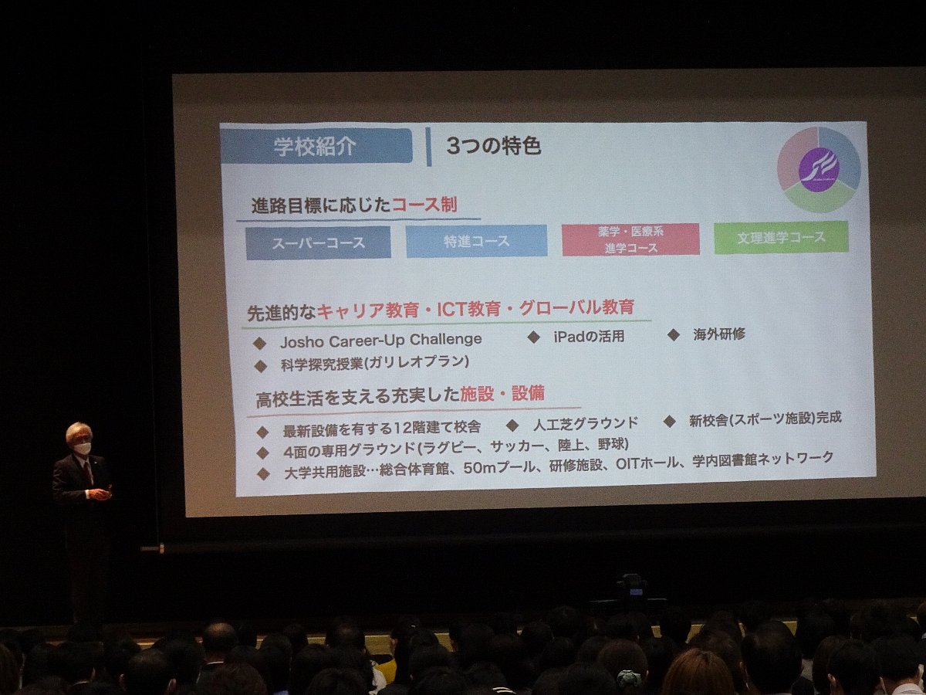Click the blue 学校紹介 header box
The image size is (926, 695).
tap(316, 146)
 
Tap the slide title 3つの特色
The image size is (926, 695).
tap(493, 146)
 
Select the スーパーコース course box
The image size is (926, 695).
tap(318, 242)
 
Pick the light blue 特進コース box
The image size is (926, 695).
tap(476, 241)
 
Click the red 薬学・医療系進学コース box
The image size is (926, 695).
tap(630, 239)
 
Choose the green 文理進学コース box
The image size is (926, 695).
tap(781, 237)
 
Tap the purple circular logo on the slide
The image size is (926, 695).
tap(819, 170)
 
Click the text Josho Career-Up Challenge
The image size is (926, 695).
tap(380, 340)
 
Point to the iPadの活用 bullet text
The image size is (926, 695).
tap(589, 337)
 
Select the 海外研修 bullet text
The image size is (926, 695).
tap(719, 334)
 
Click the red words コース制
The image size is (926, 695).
tap(424, 205)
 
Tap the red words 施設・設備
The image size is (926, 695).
tap(502, 394)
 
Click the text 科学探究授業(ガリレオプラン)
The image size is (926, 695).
tap(374, 362)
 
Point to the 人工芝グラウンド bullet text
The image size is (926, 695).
tap(586, 423)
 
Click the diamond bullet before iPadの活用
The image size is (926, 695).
tap(534, 337)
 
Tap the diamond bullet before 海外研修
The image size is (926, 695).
tap(674, 335)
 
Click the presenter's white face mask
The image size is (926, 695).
tap(83, 448)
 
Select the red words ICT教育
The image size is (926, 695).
tap(468, 309)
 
